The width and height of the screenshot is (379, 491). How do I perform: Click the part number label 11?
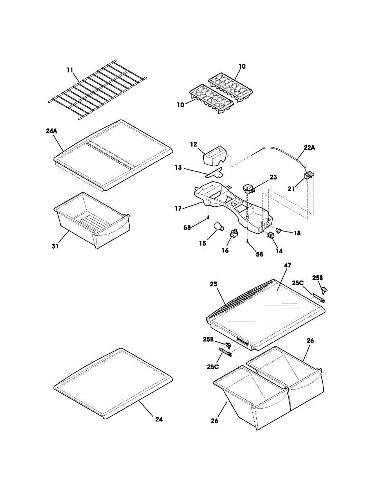pos(70,70)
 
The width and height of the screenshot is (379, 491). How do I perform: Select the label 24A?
pos(52,131)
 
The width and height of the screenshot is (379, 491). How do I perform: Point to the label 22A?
pos(309,148)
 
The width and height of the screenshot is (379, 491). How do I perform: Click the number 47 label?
pos(287,265)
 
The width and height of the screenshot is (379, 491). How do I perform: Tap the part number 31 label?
pos(55,246)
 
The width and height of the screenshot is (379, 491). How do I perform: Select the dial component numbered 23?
pos(249,188)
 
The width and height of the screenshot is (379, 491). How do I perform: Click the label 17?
pos(178,208)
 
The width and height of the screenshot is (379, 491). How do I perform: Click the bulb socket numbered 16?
pos(233,233)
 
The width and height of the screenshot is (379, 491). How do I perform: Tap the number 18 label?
pos(297,233)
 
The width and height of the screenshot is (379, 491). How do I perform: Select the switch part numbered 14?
pos(271,235)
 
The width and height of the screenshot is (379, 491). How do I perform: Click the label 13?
pos(178,168)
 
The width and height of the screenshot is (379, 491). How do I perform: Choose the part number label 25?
pos(213,284)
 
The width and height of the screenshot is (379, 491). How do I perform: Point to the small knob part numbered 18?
pos(279,230)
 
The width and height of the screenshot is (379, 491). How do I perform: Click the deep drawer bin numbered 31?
pos(92,220)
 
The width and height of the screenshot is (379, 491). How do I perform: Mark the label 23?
pos(273,177)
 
